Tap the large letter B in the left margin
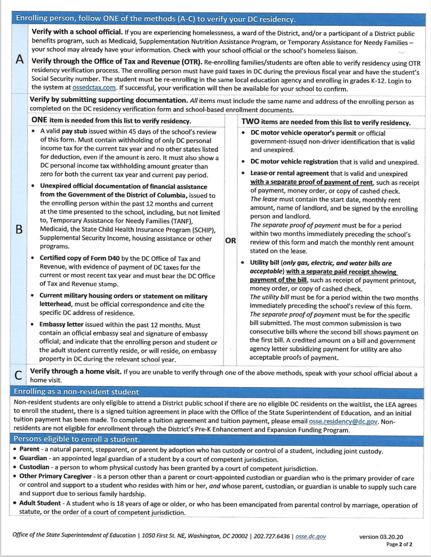point(19,229)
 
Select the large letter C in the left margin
point(18,375)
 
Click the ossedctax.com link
point(94,88)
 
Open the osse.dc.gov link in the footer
point(311,536)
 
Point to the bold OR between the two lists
point(230,240)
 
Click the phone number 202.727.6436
point(272,536)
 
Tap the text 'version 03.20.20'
point(381,537)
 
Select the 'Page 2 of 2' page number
point(399,544)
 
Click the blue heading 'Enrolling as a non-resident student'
point(76,392)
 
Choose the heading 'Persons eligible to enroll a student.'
point(77,439)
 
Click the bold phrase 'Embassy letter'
point(61,325)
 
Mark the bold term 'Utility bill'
point(264,263)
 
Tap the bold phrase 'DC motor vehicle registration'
point(294,162)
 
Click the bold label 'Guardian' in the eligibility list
point(33,458)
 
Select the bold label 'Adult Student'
point(40,503)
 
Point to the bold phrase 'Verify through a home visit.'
point(75,371)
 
